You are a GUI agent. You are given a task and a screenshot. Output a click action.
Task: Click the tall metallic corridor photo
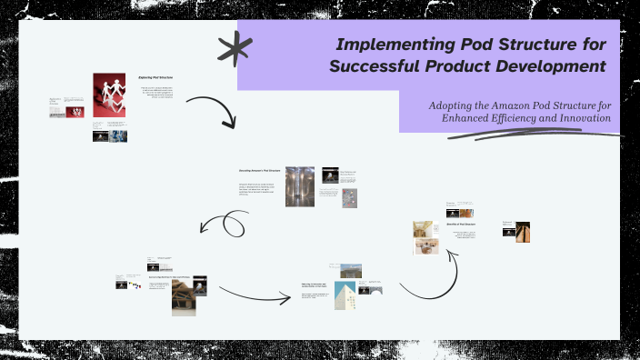(300, 186)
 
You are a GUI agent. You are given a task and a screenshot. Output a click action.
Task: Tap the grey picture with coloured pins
(349, 197)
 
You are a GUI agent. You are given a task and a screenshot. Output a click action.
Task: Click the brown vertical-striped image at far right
(523, 232)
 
